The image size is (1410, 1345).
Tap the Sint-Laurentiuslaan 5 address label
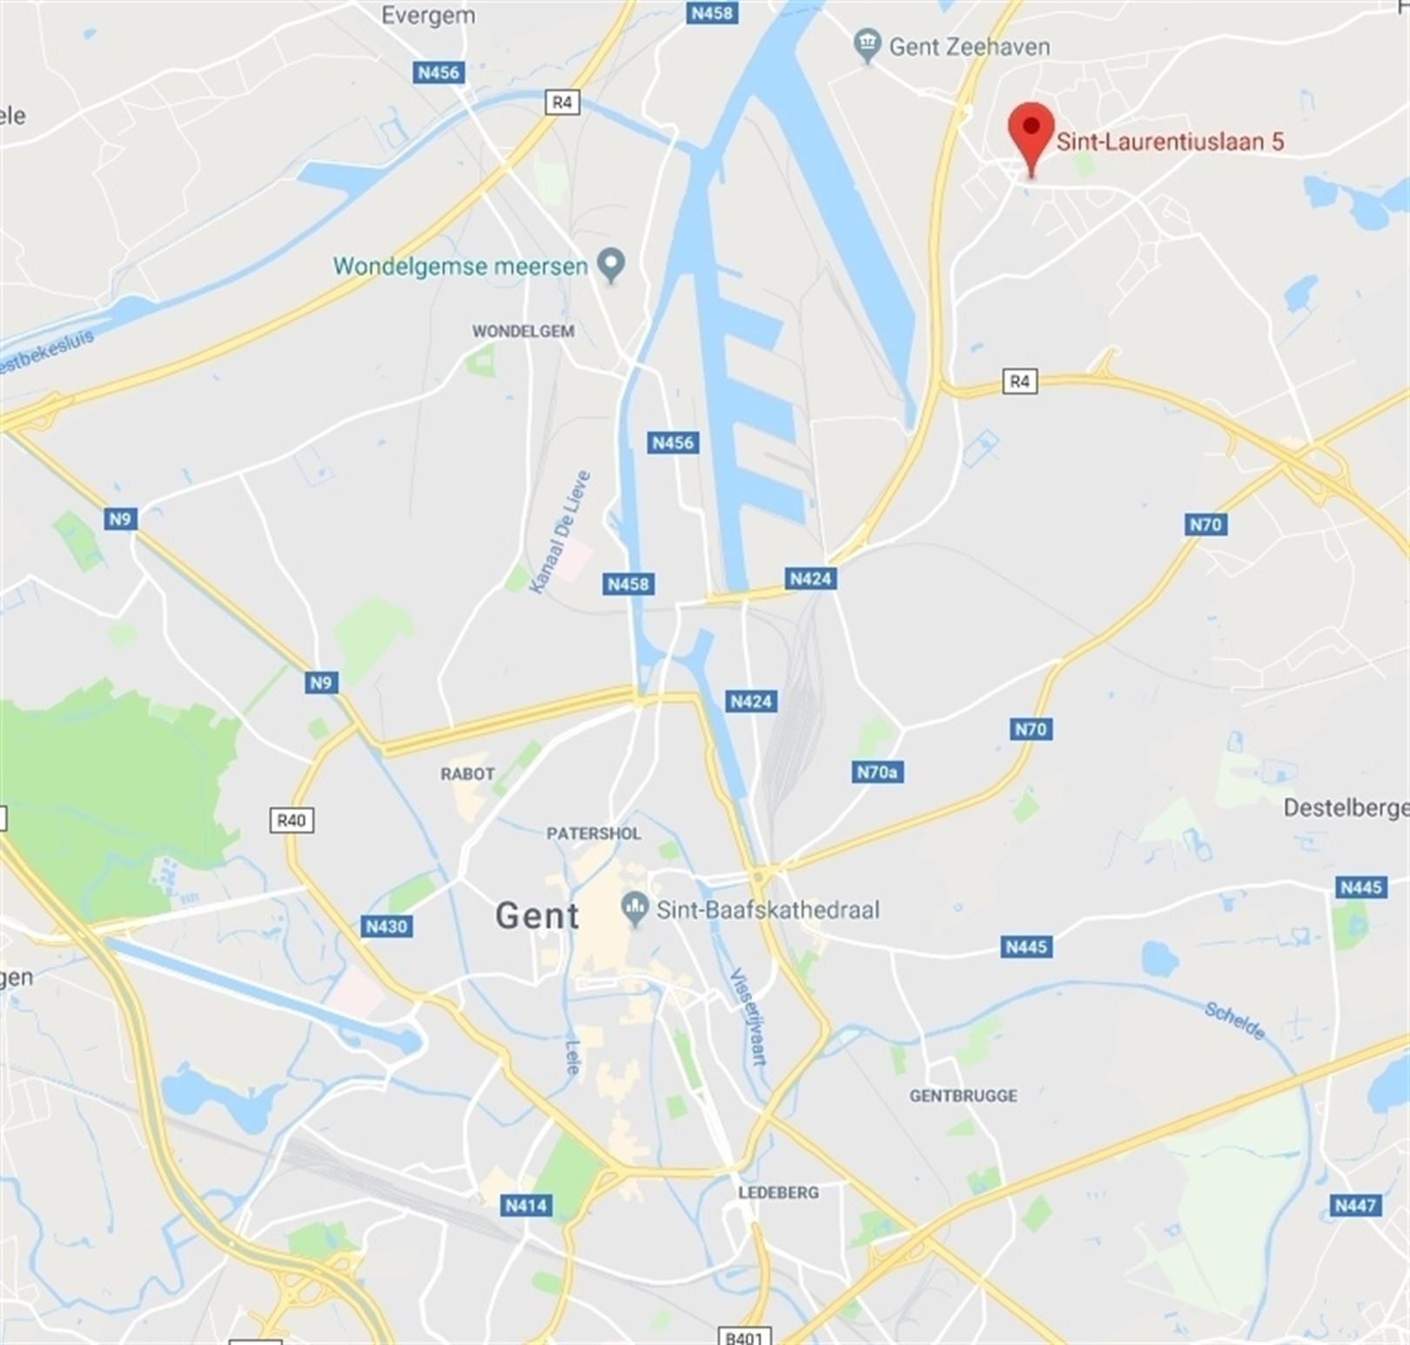tap(1170, 142)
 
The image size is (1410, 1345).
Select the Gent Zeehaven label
tap(969, 47)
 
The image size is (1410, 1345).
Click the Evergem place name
tap(428, 16)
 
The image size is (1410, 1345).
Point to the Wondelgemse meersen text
tap(460, 266)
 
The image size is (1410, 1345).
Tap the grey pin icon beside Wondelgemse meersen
tap(612, 264)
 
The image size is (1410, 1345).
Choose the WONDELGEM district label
tap(523, 331)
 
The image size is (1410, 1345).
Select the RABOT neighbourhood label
tap(467, 773)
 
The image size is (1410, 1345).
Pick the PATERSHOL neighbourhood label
tap(594, 833)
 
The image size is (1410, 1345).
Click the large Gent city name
tap(537, 916)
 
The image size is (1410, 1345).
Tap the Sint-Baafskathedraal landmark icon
tap(635, 909)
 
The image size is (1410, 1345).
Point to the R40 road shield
tap(291, 820)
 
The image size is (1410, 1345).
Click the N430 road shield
tap(386, 927)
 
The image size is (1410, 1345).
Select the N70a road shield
tap(876, 772)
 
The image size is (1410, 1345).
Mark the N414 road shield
tap(527, 1205)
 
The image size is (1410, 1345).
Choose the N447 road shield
tap(1356, 1205)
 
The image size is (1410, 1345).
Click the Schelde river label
tap(1234, 1020)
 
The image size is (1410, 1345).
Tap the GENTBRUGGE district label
tap(963, 1096)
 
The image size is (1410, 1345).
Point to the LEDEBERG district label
tap(778, 1193)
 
